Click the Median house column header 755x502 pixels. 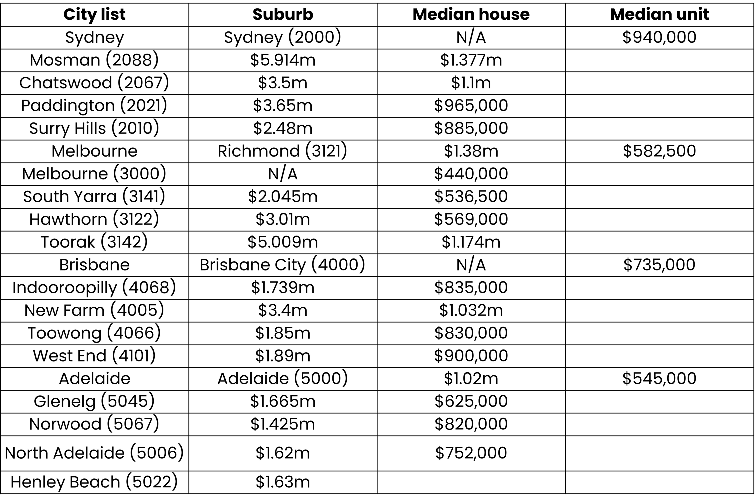pyautogui.click(x=471, y=14)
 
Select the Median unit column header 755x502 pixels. pyautogui.click(x=659, y=14)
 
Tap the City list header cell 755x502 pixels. pyautogui.click(x=94, y=14)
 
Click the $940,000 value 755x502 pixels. pyautogui.click(x=659, y=37)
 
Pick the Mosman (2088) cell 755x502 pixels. pyautogui.click(x=94, y=60)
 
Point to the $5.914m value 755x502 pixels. pyautogui.click(x=283, y=60)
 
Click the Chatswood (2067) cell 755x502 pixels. pyautogui.click(x=94, y=83)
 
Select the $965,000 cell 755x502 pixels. pyautogui.click(x=471, y=106)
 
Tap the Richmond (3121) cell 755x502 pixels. pyautogui.click(x=283, y=151)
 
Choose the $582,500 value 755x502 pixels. pyautogui.click(x=659, y=151)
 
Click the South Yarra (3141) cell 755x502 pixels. pyautogui.click(x=94, y=197)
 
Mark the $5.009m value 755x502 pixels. pyautogui.click(x=283, y=242)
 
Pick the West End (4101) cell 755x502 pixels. pyautogui.click(x=94, y=356)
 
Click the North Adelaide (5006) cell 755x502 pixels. pyautogui.click(x=94, y=453)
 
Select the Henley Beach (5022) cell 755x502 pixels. pyautogui.click(x=94, y=482)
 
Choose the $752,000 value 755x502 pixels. pyautogui.click(x=471, y=453)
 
